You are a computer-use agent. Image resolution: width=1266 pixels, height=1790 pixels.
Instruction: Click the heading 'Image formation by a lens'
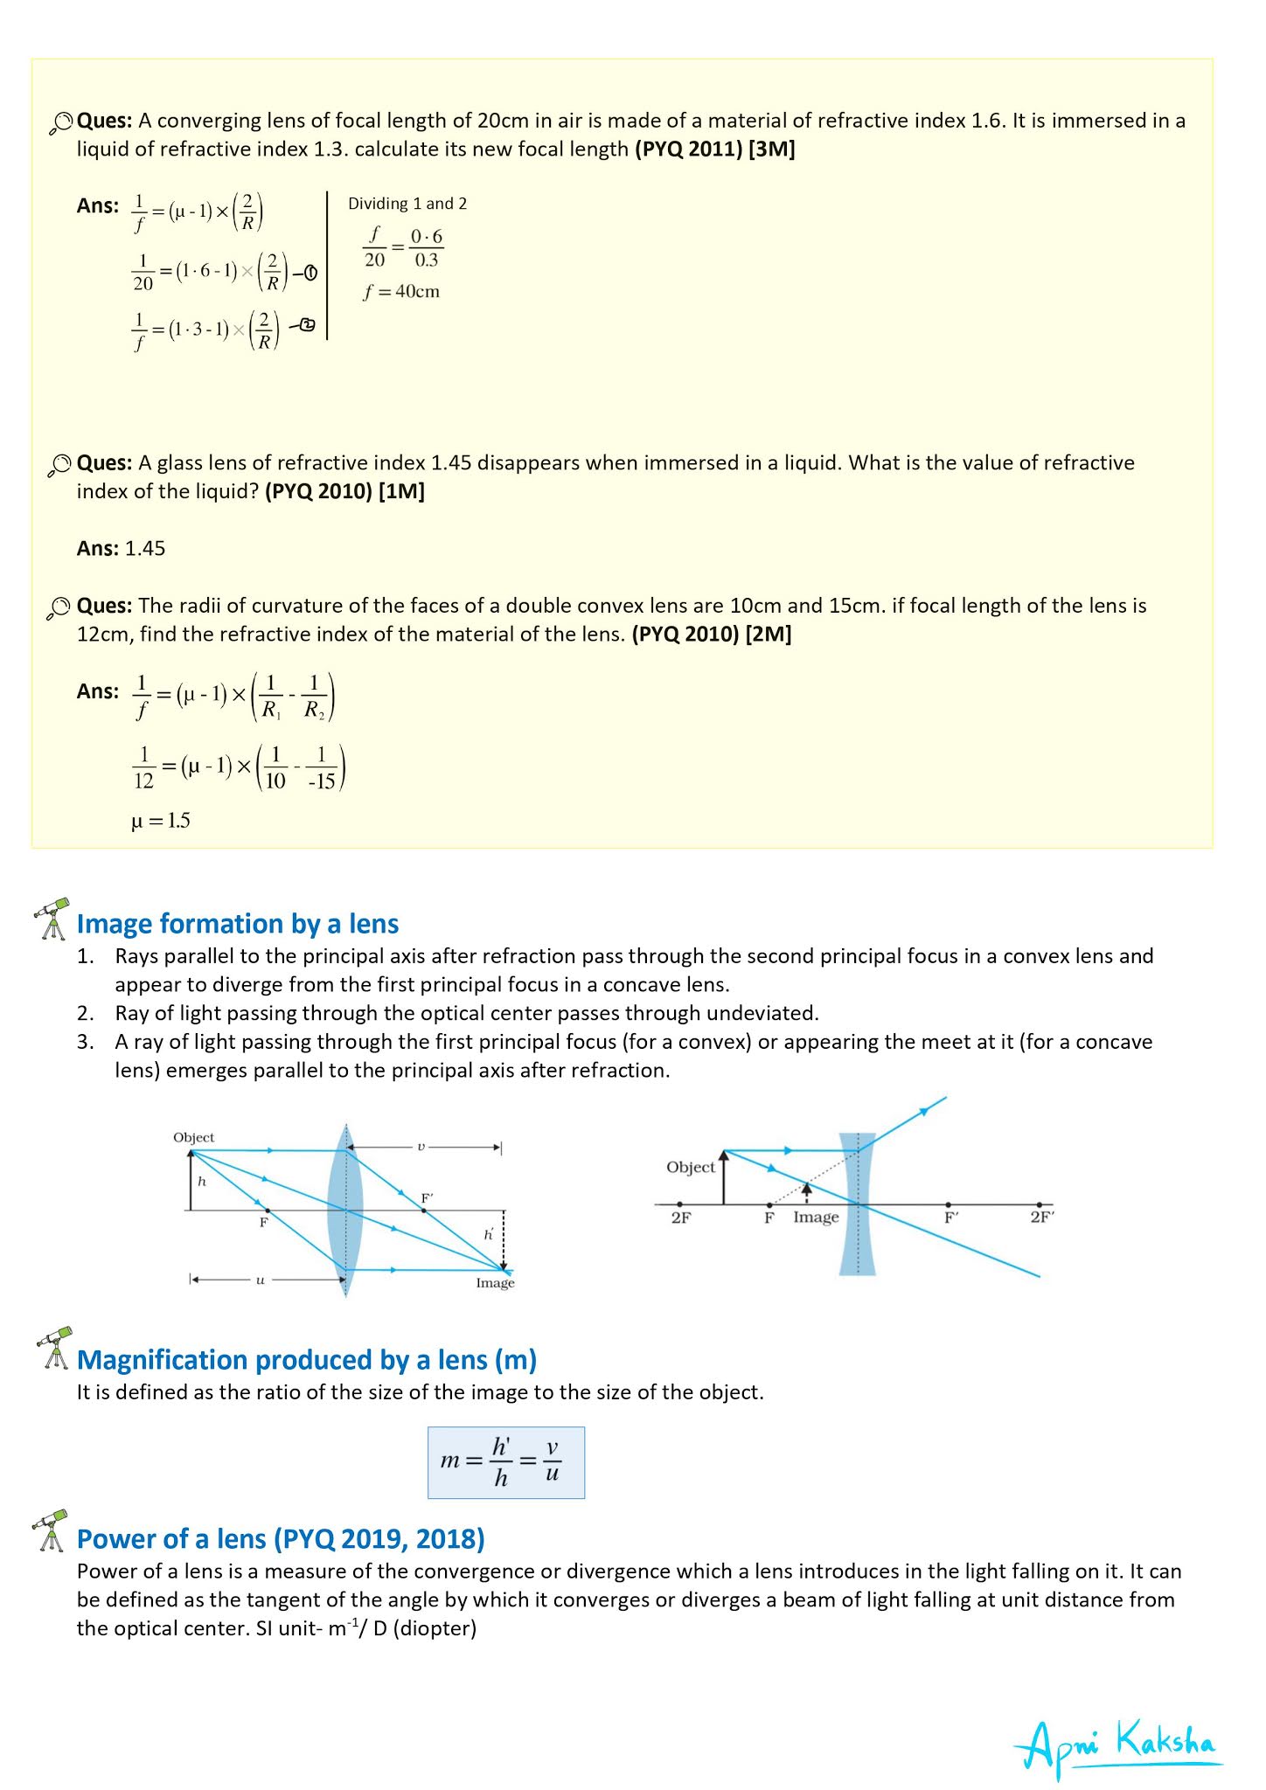[x=238, y=924]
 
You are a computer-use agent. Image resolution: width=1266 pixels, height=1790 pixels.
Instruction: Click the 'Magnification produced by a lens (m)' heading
[x=307, y=1360]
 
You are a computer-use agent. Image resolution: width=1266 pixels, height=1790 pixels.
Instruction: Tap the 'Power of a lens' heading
[x=281, y=1539]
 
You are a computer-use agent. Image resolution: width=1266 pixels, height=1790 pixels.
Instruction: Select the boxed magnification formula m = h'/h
[x=505, y=1462]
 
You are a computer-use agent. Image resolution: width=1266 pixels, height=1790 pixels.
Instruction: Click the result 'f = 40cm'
[x=401, y=292]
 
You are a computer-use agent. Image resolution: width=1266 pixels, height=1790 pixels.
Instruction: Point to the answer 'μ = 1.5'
[x=161, y=821]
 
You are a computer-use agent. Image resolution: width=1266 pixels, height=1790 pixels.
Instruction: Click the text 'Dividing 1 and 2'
[x=407, y=204]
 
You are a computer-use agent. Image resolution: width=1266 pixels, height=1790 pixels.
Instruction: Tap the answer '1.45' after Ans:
[x=145, y=549]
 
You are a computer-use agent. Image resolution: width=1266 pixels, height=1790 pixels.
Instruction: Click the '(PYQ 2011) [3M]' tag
[x=714, y=149]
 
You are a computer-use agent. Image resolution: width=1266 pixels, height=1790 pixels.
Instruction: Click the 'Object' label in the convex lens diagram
[x=193, y=1137]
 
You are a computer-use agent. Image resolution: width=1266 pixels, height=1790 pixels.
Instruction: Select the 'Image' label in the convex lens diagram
[x=495, y=1283]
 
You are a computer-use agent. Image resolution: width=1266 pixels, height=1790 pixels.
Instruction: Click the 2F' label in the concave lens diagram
[x=1041, y=1218]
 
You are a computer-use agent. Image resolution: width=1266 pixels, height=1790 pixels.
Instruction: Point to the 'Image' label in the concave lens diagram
[x=816, y=1218]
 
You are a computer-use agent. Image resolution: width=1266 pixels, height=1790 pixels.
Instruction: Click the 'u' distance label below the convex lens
[x=260, y=1280]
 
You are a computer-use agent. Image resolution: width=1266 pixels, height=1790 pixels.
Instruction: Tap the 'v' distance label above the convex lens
[x=421, y=1146]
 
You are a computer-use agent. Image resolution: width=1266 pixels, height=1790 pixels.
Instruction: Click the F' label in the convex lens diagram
[x=428, y=1198]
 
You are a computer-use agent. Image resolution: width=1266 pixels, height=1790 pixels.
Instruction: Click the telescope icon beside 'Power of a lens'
[x=52, y=1530]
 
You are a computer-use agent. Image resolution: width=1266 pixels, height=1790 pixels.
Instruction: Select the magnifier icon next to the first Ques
[x=59, y=122]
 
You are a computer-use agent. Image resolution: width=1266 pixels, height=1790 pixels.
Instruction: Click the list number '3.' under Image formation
[x=85, y=1042]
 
